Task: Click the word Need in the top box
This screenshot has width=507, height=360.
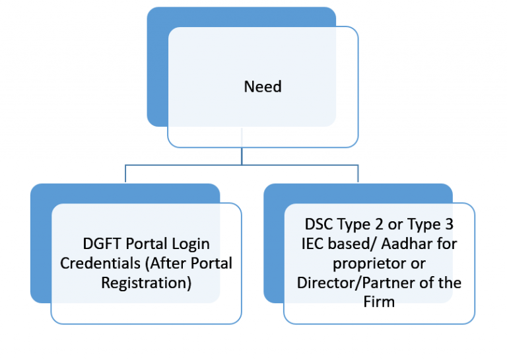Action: [x=263, y=87]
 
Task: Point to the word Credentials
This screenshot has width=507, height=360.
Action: [x=95, y=263]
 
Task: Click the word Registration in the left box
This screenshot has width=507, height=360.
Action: [x=146, y=283]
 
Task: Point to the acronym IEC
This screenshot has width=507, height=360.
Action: [x=310, y=244]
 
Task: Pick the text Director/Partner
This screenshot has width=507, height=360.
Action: [x=349, y=283]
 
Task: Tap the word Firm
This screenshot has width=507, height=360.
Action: [x=379, y=302]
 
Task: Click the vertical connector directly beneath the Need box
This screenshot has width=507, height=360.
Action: [x=242, y=156]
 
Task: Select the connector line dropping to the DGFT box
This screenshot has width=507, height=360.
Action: [x=125, y=174]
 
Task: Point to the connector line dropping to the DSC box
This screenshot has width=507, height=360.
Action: [x=358, y=174]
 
